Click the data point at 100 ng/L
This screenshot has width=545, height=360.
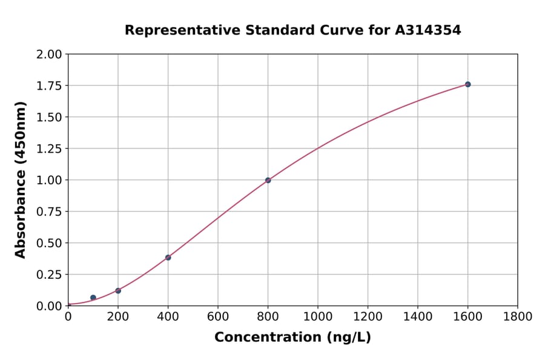point(93,298)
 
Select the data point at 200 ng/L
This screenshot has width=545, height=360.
point(118,291)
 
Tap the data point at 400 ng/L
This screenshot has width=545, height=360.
point(168,258)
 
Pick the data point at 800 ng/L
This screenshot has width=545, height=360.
point(268,180)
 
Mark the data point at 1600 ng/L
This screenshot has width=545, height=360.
point(467,84)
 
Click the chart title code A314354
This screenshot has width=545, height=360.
point(429,30)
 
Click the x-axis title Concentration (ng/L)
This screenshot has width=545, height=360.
point(292,338)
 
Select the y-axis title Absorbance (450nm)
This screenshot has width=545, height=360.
point(21,180)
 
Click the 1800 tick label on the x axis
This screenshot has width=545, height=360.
point(518,316)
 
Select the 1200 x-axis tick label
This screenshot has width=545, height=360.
point(368,316)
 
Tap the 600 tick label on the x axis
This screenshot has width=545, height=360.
point(218,316)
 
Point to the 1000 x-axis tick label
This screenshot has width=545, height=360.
point(318,316)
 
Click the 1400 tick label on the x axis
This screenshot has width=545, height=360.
point(418,316)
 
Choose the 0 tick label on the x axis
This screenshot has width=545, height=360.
point(68,316)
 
